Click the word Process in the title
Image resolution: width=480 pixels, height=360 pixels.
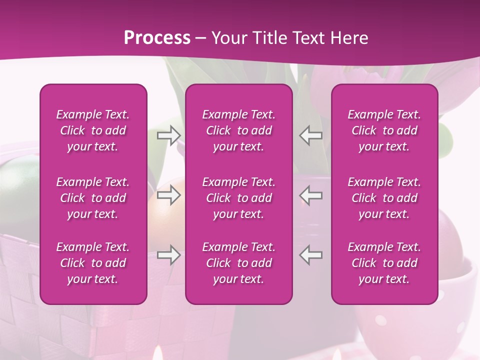point(157,37)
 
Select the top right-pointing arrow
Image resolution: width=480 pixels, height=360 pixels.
point(169,135)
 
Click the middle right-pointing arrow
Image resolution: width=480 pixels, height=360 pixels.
point(169,195)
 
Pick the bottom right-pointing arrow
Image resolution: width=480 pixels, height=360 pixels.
point(169,255)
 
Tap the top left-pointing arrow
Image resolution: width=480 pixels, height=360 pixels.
point(310,135)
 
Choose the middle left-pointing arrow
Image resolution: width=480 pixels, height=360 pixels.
point(310,195)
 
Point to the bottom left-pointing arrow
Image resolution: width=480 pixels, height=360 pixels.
point(310,255)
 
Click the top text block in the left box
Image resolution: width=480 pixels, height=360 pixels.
point(93,130)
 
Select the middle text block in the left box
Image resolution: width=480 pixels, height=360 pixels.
point(93,198)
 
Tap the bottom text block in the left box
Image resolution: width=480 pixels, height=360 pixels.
point(93,263)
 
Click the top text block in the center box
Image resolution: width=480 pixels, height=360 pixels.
point(239,130)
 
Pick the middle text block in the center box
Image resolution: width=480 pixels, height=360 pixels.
point(239,198)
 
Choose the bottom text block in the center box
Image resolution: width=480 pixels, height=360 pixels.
point(239,263)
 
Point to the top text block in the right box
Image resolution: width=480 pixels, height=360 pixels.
point(384,130)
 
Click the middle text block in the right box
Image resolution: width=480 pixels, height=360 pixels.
point(384,198)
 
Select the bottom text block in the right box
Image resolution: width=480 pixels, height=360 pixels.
point(384,263)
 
